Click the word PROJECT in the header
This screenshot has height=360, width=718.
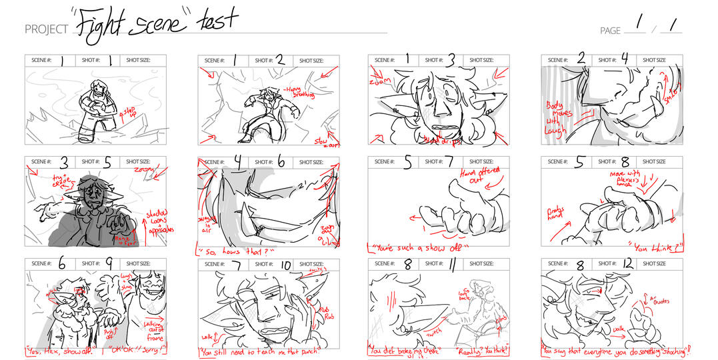tap(46, 29)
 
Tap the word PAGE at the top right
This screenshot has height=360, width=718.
tap(610, 31)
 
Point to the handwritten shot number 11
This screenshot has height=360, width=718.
tap(453, 265)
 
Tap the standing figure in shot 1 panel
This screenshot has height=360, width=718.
tap(94, 109)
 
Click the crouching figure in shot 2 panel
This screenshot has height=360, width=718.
tap(264, 113)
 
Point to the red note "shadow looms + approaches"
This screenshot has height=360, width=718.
tap(159, 219)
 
